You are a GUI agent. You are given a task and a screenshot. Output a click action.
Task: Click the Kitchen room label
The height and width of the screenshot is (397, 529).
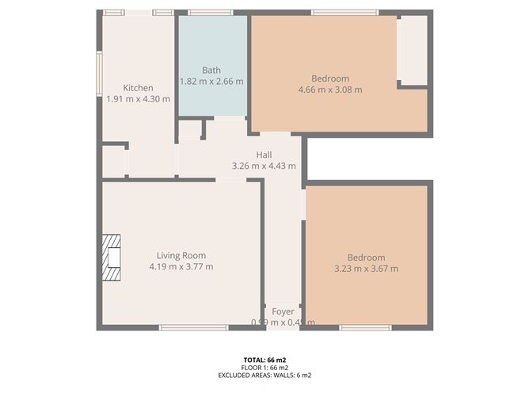(x=138, y=88)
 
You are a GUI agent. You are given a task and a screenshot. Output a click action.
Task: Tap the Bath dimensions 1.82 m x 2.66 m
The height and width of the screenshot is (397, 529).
(x=211, y=82)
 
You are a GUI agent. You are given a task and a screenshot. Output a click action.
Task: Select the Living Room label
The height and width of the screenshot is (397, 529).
(x=181, y=255)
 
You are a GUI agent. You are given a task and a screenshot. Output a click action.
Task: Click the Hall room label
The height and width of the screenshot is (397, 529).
(x=264, y=155)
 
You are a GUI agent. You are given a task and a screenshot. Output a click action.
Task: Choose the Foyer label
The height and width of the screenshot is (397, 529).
(x=283, y=311)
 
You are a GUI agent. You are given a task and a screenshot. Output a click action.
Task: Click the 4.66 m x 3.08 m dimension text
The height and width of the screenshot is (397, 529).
(x=330, y=90)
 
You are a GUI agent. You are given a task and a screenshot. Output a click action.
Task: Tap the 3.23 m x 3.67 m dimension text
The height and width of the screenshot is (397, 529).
(x=366, y=269)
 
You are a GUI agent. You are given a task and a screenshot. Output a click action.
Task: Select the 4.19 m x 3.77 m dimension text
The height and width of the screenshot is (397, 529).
(x=181, y=266)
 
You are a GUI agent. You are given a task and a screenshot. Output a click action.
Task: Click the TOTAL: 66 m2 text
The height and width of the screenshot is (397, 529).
(x=264, y=359)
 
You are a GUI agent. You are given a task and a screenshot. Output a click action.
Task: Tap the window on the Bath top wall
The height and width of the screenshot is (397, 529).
(x=211, y=13)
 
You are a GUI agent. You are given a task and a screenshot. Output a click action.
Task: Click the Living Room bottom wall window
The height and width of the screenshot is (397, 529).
(x=183, y=327)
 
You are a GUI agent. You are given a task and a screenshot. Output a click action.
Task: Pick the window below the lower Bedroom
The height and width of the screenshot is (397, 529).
(x=365, y=327)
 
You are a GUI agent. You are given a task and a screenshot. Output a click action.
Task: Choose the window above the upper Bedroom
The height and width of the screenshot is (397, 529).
(x=344, y=13)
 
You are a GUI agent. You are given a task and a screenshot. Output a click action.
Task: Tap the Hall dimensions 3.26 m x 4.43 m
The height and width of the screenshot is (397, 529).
(x=264, y=166)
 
